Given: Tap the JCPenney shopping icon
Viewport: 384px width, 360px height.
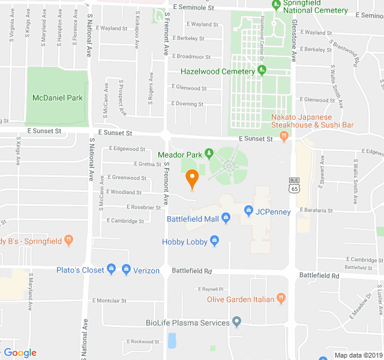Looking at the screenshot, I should click(x=248, y=210).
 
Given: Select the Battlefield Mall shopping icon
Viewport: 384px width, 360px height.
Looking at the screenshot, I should click(x=226, y=218).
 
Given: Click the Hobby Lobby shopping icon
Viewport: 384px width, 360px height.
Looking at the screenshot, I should click(x=214, y=241).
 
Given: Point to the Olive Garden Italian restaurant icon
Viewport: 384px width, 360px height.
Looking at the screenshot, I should click(x=281, y=299).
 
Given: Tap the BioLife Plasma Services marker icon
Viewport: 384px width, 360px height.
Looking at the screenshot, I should click(x=236, y=323).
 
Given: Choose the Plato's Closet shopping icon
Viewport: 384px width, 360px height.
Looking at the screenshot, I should click(x=111, y=269).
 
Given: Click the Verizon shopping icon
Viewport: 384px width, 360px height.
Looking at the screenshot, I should click(x=126, y=269).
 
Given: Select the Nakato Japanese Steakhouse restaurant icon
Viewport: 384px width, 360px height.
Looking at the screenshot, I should click(x=284, y=136).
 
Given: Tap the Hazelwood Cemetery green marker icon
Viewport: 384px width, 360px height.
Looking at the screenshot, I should click(x=262, y=71).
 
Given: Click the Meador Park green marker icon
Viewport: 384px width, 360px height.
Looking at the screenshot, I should click(x=209, y=154).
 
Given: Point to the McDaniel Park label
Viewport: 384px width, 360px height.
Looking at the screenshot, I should click(x=58, y=98).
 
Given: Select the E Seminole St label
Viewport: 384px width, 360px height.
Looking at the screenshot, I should click(x=193, y=7).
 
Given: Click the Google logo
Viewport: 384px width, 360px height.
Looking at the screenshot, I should click(x=20, y=353).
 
